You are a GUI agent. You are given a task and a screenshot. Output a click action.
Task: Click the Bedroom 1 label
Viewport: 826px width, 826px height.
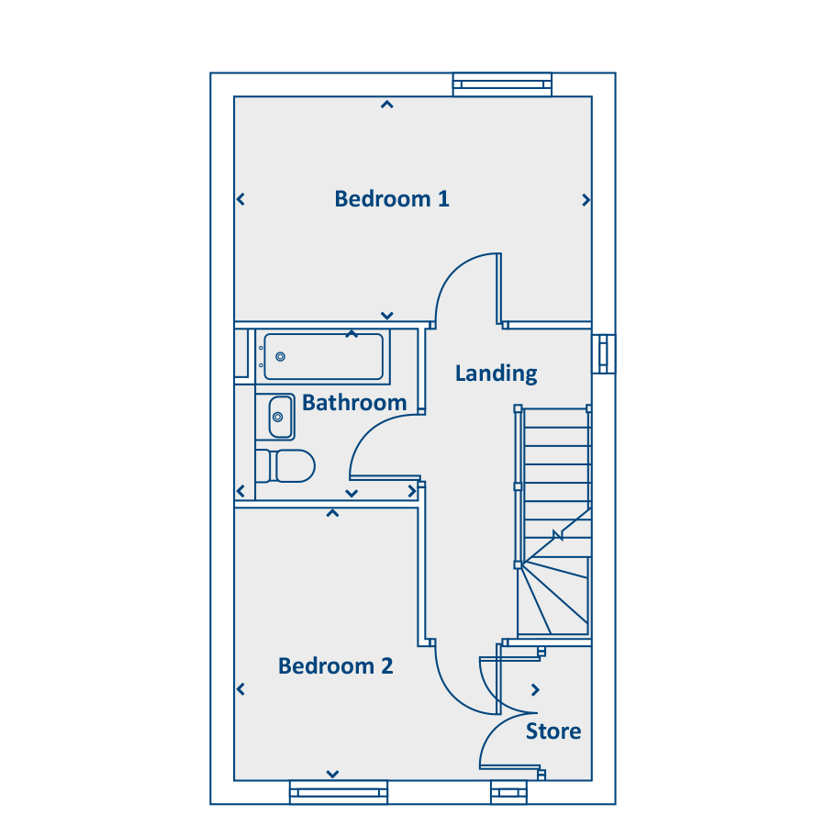pos(392,198)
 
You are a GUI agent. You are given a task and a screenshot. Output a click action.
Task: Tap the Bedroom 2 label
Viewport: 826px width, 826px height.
pos(336,665)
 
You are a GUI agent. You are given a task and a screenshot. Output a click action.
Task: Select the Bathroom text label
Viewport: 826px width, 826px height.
pos(354,402)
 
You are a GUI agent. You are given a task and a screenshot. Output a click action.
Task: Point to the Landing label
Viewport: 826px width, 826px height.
pos(496,373)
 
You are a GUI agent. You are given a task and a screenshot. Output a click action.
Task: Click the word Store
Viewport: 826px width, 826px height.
pos(553,731)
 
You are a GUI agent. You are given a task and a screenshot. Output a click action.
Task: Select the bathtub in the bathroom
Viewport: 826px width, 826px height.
pos(323,356)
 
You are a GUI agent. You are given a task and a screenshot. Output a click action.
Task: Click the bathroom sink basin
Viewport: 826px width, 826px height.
pos(280,418)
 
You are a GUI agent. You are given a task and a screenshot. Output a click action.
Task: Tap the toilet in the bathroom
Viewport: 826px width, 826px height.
pos(285,465)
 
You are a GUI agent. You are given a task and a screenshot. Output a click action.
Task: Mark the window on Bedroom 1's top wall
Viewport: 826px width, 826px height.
pos(503,84)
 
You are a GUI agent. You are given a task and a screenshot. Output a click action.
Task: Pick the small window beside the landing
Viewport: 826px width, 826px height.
pos(603,352)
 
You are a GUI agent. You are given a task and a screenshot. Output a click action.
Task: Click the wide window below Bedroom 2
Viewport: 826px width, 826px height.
pos(339,792)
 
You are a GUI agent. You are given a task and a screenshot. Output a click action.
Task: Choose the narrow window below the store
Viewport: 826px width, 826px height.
pos(508,792)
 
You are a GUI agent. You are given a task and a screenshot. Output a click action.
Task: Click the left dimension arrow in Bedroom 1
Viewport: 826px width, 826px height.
pos(240,199)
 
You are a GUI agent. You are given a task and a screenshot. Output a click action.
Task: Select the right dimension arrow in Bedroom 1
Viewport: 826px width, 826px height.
pos(586,200)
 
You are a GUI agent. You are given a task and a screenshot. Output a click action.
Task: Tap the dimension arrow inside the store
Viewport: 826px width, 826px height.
pos(536,690)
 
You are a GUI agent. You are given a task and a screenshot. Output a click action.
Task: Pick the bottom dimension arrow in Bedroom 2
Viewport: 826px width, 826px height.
pos(332,774)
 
